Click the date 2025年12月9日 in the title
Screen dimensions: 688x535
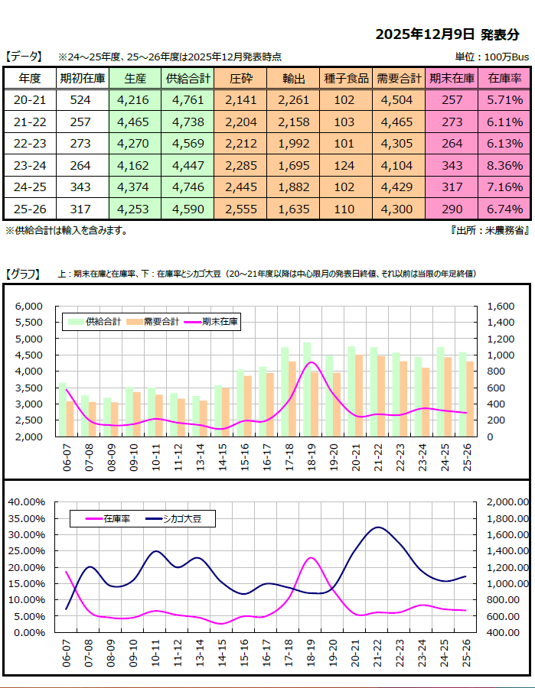pyautogui.click(x=426, y=35)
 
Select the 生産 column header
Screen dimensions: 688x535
pyautogui.click(x=135, y=78)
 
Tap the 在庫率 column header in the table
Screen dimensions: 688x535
pyautogui.click(x=504, y=78)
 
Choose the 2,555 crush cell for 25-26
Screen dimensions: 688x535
pyautogui.click(x=240, y=209)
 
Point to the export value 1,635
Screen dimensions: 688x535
pyautogui.click(x=294, y=209)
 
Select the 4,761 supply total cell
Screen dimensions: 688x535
pyautogui.click(x=188, y=99)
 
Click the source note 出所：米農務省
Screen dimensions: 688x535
pyautogui.click(x=489, y=230)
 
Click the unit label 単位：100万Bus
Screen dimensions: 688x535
pyautogui.click(x=492, y=57)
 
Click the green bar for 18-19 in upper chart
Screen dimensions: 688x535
pyautogui.click(x=306, y=390)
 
